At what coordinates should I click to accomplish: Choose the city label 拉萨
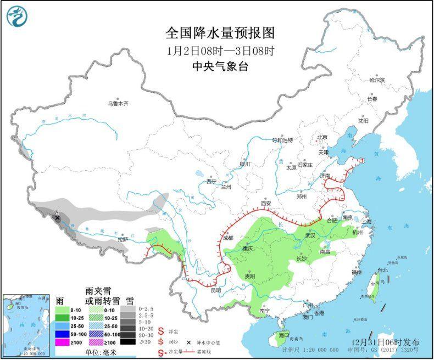(x=122, y=240)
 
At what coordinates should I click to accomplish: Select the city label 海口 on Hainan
(x=283, y=335)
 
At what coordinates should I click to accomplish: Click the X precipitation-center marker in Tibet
(x=58, y=218)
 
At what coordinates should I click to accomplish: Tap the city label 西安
(x=267, y=203)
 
